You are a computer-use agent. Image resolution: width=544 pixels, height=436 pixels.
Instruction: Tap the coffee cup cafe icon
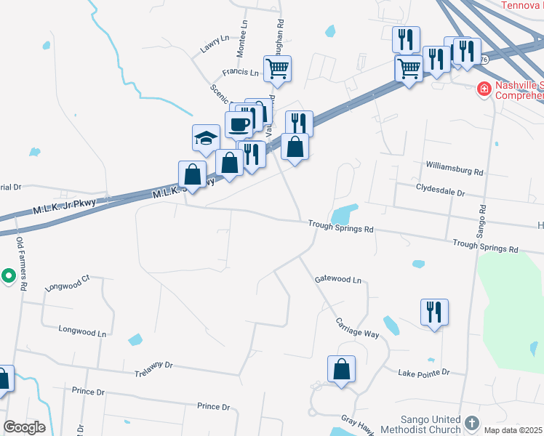(239, 124)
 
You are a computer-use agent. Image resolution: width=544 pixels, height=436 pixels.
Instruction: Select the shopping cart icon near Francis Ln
(277, 69)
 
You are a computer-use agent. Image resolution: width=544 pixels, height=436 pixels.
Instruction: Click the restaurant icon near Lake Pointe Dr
(434, 312)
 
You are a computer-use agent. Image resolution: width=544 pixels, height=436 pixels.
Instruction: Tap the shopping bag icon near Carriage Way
(341, 369)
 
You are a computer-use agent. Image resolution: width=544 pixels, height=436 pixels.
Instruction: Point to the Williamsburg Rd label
(455, 172)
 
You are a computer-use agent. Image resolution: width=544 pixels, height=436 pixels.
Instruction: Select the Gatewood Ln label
(337, 279)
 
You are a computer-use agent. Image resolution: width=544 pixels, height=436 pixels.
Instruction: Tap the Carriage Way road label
(357, 328)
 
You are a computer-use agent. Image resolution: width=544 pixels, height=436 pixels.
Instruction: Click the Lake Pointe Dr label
(424, 373)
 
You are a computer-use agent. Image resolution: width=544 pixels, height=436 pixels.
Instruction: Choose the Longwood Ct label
(66, 283)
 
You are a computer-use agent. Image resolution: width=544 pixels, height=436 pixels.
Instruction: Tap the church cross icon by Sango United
(472, 423)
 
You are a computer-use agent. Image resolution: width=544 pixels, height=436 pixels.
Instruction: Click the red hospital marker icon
(483, 89)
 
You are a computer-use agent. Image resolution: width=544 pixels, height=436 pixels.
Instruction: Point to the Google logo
(24, 427)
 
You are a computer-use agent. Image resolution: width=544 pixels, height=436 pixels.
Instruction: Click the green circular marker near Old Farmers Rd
(8, 276)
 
